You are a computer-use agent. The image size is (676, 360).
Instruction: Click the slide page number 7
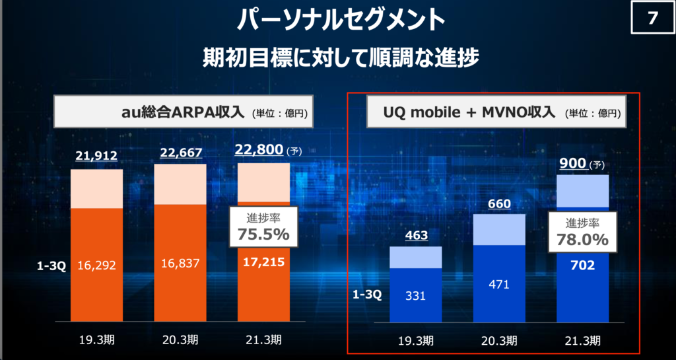point(652,18)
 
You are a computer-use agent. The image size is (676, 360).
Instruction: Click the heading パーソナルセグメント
point(338,19)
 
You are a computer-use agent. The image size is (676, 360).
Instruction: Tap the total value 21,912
point(96,155)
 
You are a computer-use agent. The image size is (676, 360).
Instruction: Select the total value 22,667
point(180,153)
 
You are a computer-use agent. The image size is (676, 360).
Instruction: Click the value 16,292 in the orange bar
point(96,266)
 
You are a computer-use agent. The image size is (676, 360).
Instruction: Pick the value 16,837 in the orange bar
point(180,263)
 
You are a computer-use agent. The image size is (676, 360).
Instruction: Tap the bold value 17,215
point(263,262)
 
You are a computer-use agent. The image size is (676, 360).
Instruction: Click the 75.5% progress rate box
point(263,227)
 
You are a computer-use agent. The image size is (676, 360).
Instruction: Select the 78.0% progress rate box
point(582,232)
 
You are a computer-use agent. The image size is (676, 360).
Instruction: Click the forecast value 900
point(573,163)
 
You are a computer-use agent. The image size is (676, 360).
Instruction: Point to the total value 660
point(499,203)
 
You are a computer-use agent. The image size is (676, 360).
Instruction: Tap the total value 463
point(416,235)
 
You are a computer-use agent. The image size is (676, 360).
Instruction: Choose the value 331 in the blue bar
point(416,296)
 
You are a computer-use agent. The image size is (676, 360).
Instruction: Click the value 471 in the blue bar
point(499,285)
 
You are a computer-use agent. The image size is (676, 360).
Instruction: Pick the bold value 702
point(582,265)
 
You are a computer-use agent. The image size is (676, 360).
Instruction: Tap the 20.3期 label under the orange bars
point(180,340)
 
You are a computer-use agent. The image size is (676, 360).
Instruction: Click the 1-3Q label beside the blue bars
point(367,296)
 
